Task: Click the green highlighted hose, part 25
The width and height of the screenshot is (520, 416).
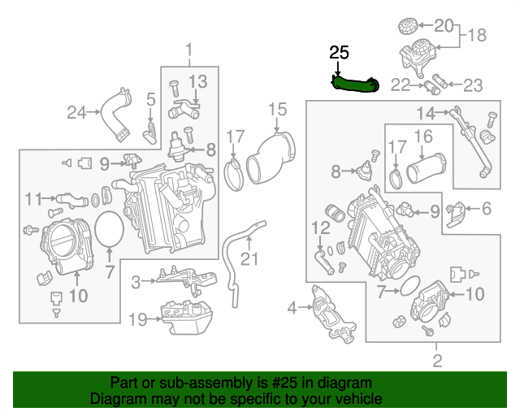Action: [x=355, y=83]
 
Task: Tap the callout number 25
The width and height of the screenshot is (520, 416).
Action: [x=339, y=53]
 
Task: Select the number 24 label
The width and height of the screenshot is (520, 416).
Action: [x=76, y=112]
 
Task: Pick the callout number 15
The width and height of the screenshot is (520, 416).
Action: [x=278, y=109]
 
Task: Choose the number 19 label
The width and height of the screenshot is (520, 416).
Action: [x=137, y=319]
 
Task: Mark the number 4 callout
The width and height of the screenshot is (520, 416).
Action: [x=292, y=307]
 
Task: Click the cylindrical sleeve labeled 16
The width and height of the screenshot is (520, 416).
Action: [x=422, y=171]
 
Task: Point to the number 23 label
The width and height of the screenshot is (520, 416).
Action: [x=473, y=84]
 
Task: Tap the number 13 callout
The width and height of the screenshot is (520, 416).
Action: [x=198, y=81]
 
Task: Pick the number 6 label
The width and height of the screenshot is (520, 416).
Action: [x=486, y=209]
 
